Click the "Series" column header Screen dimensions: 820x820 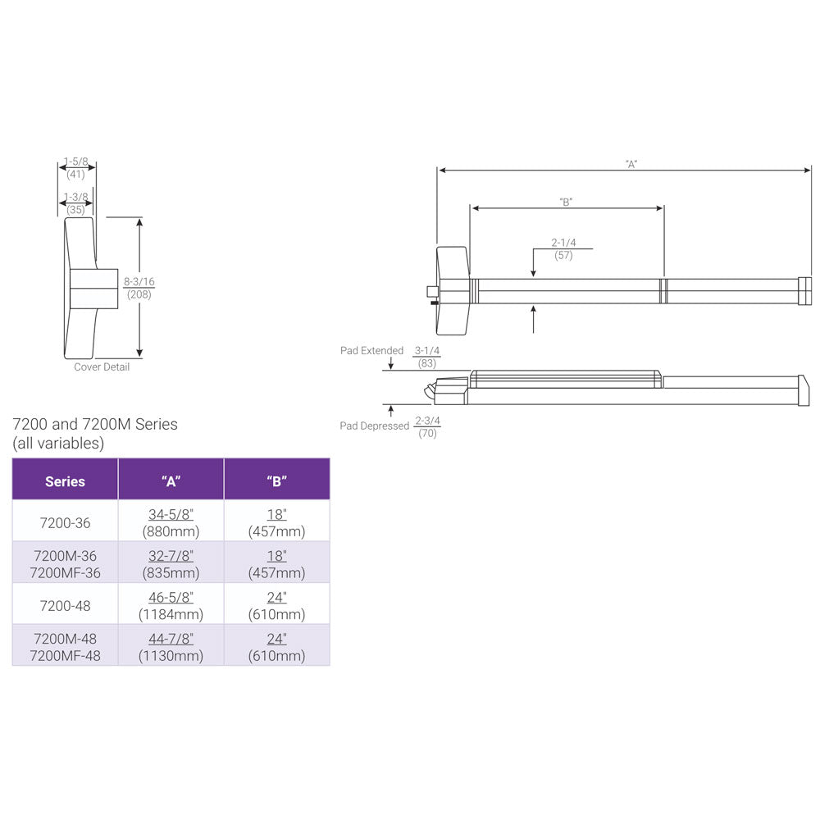(65, 481)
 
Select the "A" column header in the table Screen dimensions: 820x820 (171, 481)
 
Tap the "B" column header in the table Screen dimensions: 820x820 (276, 481)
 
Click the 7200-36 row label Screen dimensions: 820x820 (65, 523)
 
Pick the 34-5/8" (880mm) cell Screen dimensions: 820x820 (171, 523)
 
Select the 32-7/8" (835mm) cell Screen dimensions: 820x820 (171, 564)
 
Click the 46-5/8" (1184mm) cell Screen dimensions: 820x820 (171, 606)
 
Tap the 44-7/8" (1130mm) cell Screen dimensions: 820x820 (171, 647)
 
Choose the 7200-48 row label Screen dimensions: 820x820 (65, 606)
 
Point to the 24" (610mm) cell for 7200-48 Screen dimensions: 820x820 (276, 606)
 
